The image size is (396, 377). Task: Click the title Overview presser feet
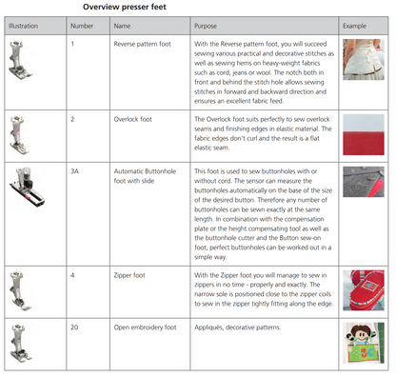tap(125, 7)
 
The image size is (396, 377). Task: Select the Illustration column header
tap(23, 26)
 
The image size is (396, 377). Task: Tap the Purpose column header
tap(206, 26)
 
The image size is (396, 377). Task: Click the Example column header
tap(354, 26)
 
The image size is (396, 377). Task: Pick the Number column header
tap(82, 26)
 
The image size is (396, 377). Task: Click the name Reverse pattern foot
tap(142, 44)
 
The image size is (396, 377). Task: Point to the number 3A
tap(74, 171)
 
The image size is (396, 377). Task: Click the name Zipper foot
tap(129, 275)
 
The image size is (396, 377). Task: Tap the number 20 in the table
tap(74, 327)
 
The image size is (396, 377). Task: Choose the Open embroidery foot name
tap(145, 327)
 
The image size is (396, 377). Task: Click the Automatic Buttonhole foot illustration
tap(27, 188)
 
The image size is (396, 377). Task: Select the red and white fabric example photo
tap(364, 135)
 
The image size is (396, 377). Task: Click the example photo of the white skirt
tap(364, 59)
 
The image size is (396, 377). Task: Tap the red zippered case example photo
tap(364, 290)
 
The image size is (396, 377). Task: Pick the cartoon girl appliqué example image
tap(364, 343)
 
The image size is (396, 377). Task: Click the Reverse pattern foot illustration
tap(20, 60)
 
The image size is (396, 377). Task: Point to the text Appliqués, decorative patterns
tap(237, 327)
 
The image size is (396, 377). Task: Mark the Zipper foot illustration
tap(20, 290)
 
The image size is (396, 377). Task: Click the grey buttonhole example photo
tap(364, 182)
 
